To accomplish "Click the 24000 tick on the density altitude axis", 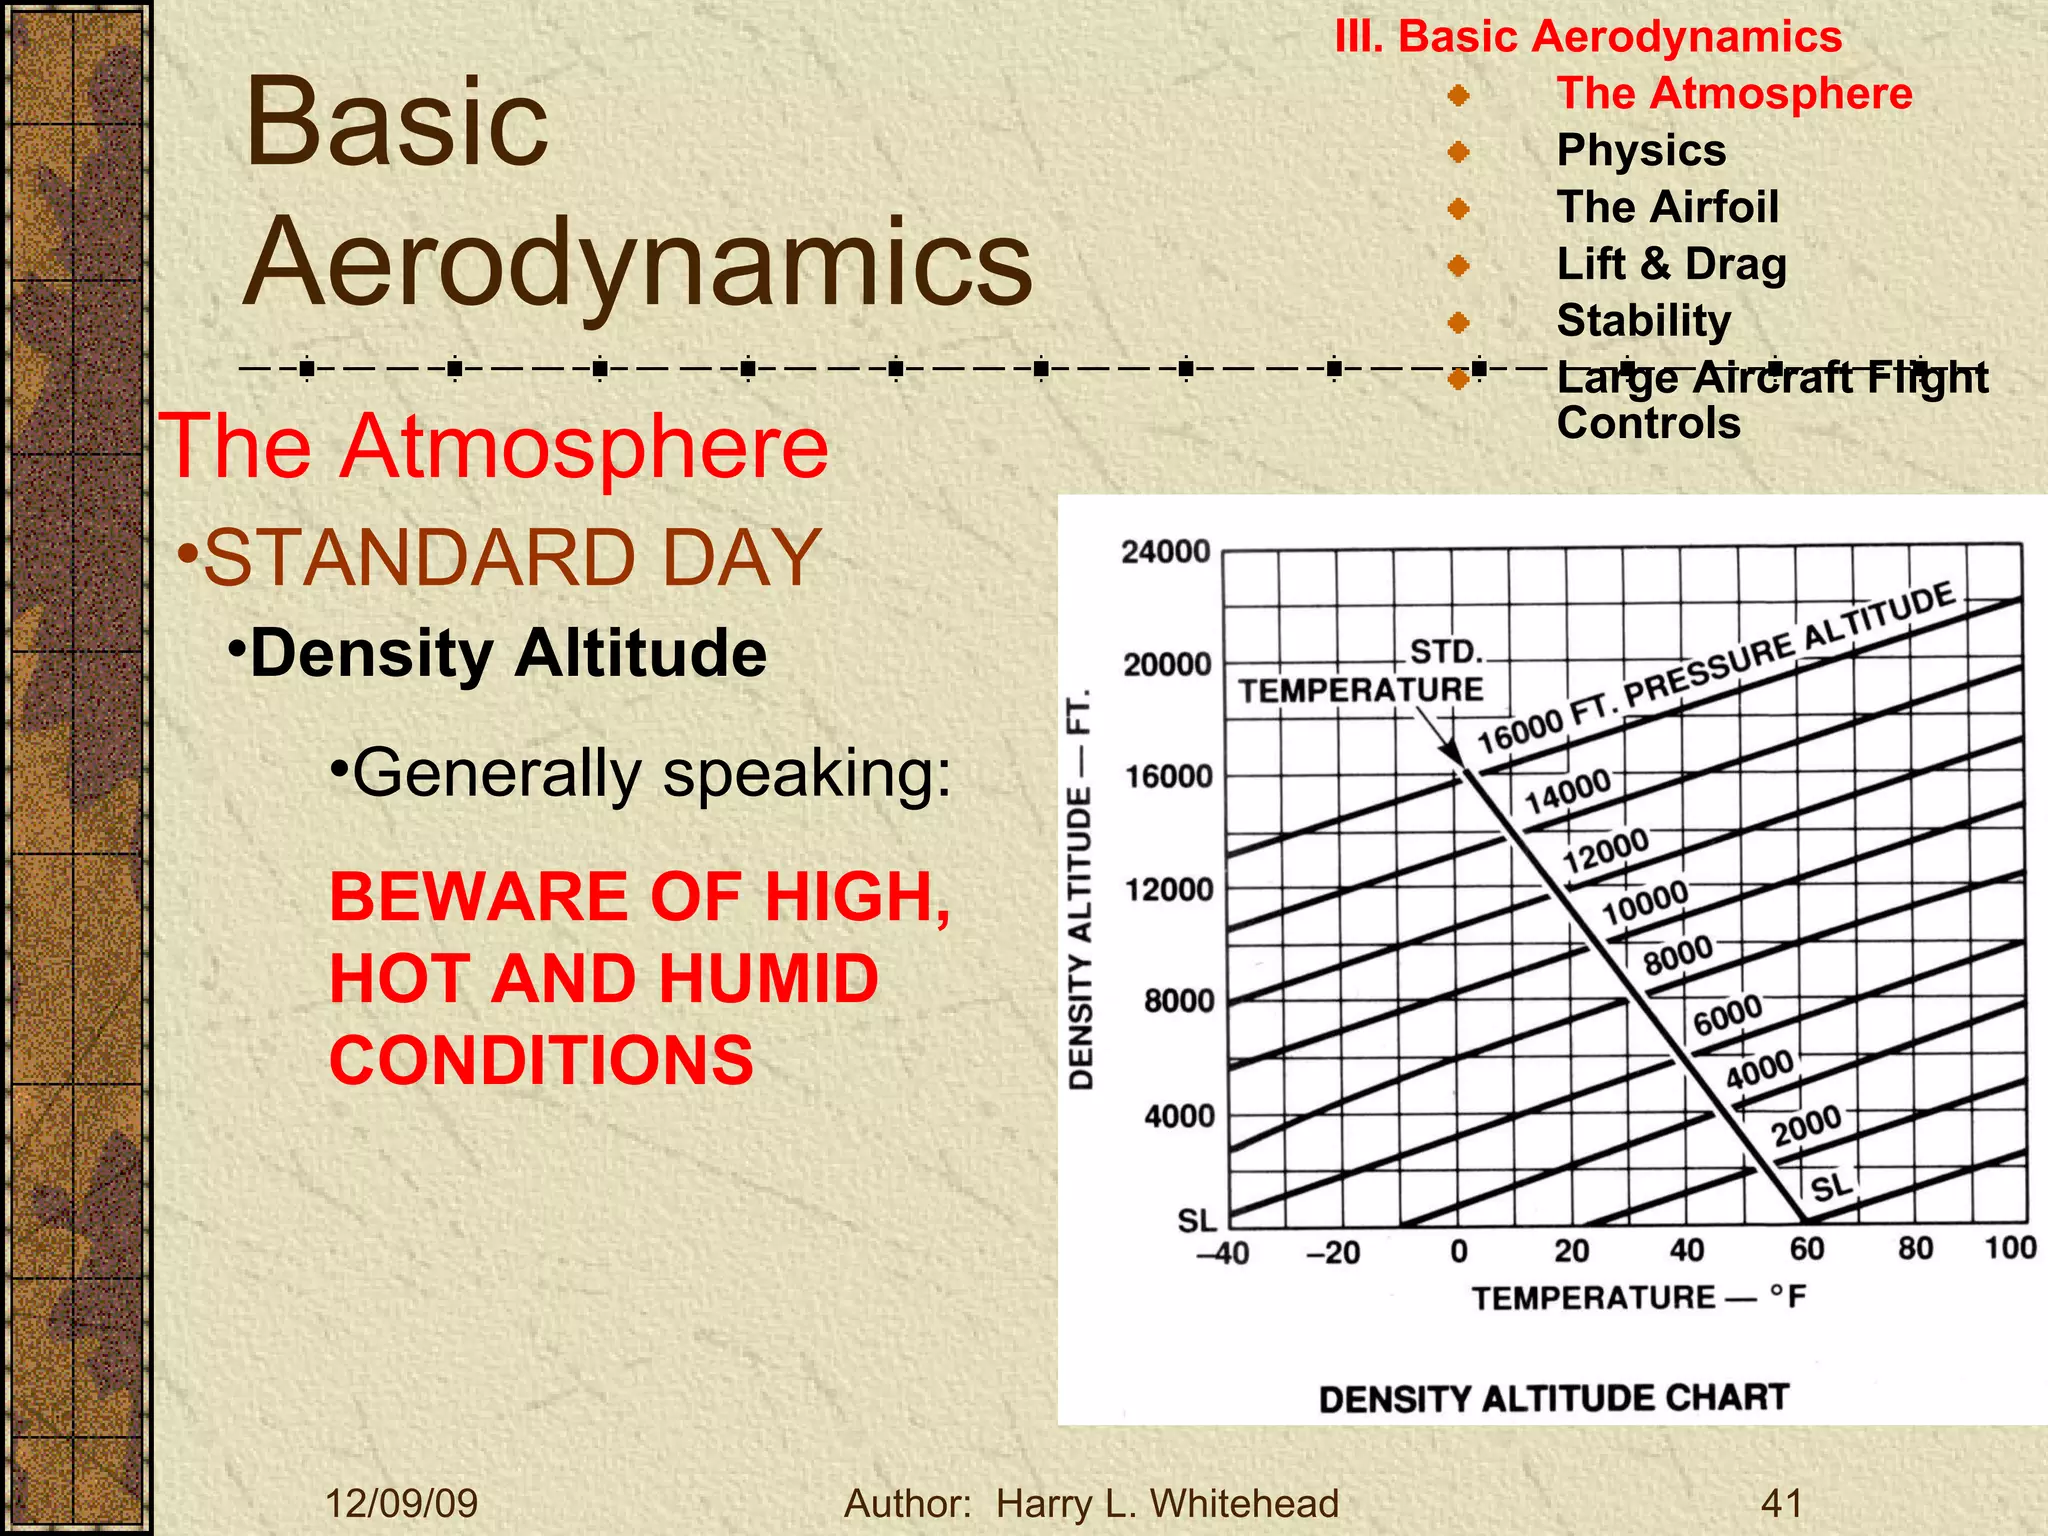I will click(1166, 552).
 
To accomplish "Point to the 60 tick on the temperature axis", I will click(1807, 1249).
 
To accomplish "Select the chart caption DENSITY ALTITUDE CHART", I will click(1553, 1398).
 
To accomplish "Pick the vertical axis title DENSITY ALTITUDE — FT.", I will click(1082, 889).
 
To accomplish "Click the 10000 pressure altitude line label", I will click(1645, 902).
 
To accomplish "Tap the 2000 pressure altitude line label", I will click(1806, 1126).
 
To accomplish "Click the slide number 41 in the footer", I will click(1781, 1503).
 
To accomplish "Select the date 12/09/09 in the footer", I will click(402, 1503).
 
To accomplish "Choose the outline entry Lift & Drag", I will click(1671, 264).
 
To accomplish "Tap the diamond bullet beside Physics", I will click(1459, 152).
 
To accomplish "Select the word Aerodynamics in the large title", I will click(638, 261).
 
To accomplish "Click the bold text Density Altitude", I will click(508, 654).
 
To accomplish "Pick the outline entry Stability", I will click(1644, 321).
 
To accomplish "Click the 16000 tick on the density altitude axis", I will click(1168, 776).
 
